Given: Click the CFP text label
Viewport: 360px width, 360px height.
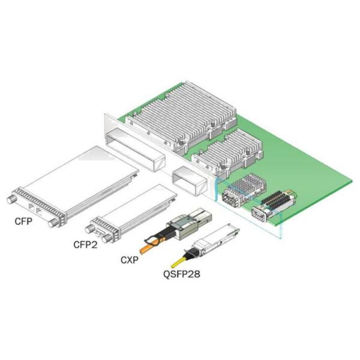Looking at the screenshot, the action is point(23,221).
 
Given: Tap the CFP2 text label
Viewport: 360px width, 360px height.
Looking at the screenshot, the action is point(85,245).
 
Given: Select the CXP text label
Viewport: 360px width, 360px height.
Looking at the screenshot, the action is point(130,260).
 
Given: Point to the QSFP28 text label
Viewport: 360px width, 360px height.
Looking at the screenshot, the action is point(182,274).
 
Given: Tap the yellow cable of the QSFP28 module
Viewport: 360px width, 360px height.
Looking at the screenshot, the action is point(179,262).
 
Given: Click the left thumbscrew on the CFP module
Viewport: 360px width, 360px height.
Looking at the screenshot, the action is point(11,200).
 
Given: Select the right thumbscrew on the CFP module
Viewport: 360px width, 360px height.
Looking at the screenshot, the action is point(53,223).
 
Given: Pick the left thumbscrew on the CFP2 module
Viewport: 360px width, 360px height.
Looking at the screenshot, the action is point(89,229).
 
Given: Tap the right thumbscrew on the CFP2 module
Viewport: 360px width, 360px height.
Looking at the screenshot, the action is point(107,239).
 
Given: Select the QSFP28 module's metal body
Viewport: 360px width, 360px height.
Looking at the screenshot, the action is point(216,239).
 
